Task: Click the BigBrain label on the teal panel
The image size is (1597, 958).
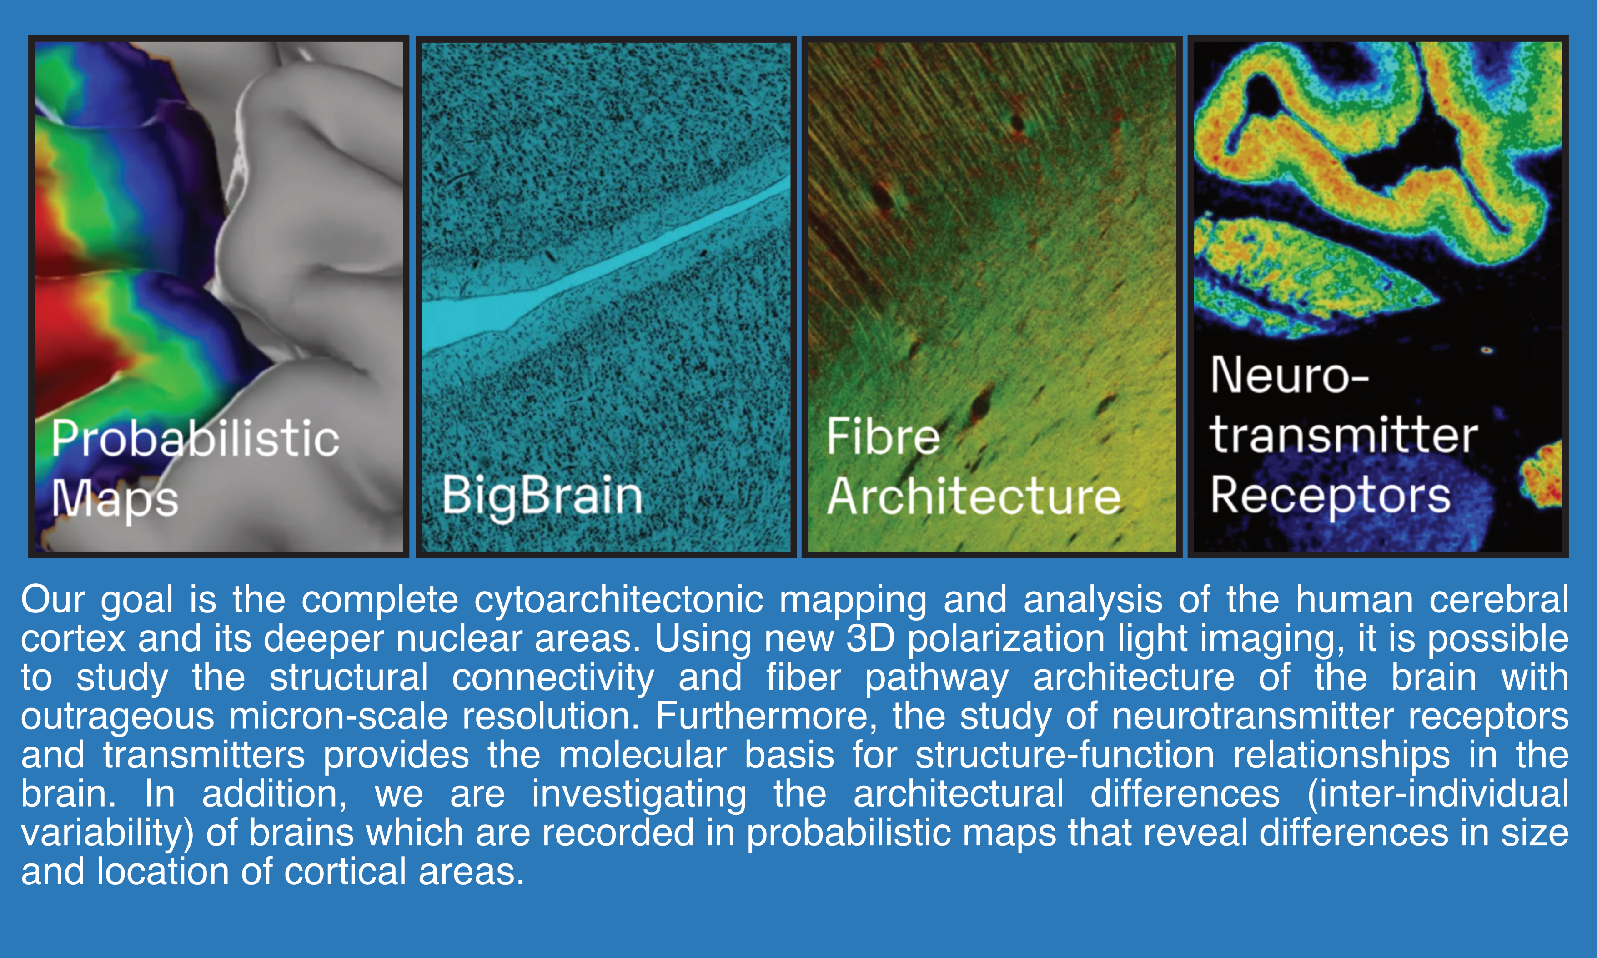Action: point(542,496)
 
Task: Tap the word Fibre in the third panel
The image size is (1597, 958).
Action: point(883,436)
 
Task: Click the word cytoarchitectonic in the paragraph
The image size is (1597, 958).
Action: point(619,600)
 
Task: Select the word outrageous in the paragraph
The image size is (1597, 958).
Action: point(117,717)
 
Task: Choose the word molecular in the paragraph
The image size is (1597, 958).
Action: point(642,755)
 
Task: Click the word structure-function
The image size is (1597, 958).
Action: point(1065,755)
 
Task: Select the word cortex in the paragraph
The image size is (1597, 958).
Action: point(73,638)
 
